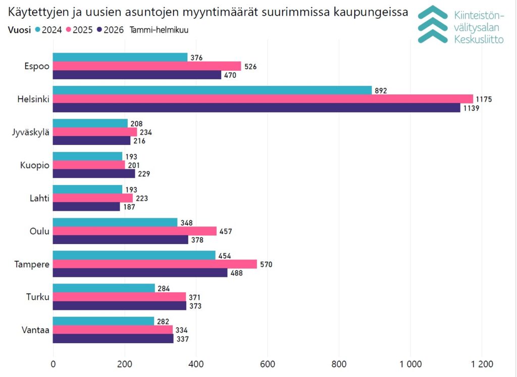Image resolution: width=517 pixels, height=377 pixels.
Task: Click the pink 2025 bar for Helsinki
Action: tap(263, 99)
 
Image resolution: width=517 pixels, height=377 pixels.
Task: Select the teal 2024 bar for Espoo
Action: tap(120, 58)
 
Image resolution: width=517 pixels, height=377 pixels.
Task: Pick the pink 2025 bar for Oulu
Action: tap(135, 231)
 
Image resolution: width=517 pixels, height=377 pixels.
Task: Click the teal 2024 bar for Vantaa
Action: tap(104, 321)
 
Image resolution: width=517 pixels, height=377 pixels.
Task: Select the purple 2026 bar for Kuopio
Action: tap(94, 174)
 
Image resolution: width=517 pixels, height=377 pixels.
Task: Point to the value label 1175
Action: tap(483, 99)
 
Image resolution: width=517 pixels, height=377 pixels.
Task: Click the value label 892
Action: tap(380, 90)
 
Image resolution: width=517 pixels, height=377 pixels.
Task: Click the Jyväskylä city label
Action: tap(31, 132)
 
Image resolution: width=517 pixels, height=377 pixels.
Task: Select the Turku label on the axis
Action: tap(38, 297)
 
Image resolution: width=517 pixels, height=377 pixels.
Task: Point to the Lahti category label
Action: tap(39, 198)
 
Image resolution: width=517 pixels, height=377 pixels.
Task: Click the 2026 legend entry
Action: tap(111, 30)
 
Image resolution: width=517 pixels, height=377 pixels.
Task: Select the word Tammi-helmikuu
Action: tap(159, 30)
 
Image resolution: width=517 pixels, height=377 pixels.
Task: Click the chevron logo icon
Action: tap(433, 24)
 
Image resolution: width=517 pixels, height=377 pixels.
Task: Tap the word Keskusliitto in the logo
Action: tap(479, 39)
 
